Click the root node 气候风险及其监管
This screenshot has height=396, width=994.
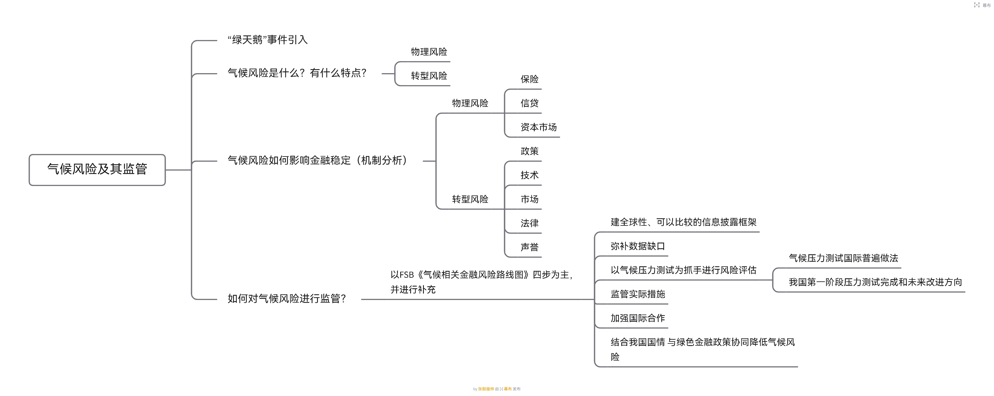(97, 169)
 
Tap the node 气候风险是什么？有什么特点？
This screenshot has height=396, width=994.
(297, 73)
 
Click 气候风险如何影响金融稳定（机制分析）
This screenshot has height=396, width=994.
(317, 160)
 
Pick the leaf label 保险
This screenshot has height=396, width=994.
(529, 79)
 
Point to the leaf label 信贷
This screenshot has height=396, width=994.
(529, 103)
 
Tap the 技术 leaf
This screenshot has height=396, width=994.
(529, 175)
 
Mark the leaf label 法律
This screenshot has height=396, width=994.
(529, 223)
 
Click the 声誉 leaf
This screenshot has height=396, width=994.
(529, 247)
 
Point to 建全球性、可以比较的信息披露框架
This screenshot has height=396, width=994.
(683, 222)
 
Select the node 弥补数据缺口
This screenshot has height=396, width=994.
(638, 246)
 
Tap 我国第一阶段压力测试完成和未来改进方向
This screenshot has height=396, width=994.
(875, 282)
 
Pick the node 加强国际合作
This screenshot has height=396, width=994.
(638, 318)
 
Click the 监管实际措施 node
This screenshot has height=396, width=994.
(638, 294)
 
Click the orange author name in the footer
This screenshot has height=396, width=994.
(486, 389)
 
